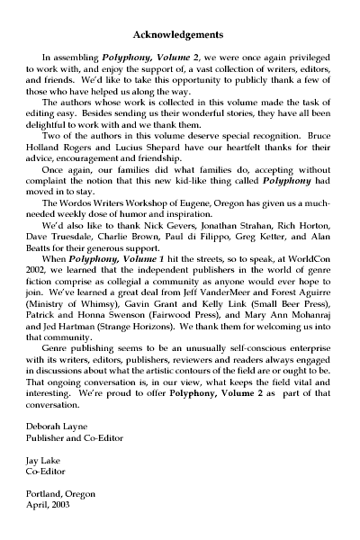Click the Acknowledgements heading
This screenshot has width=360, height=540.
[x=178, y=35]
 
